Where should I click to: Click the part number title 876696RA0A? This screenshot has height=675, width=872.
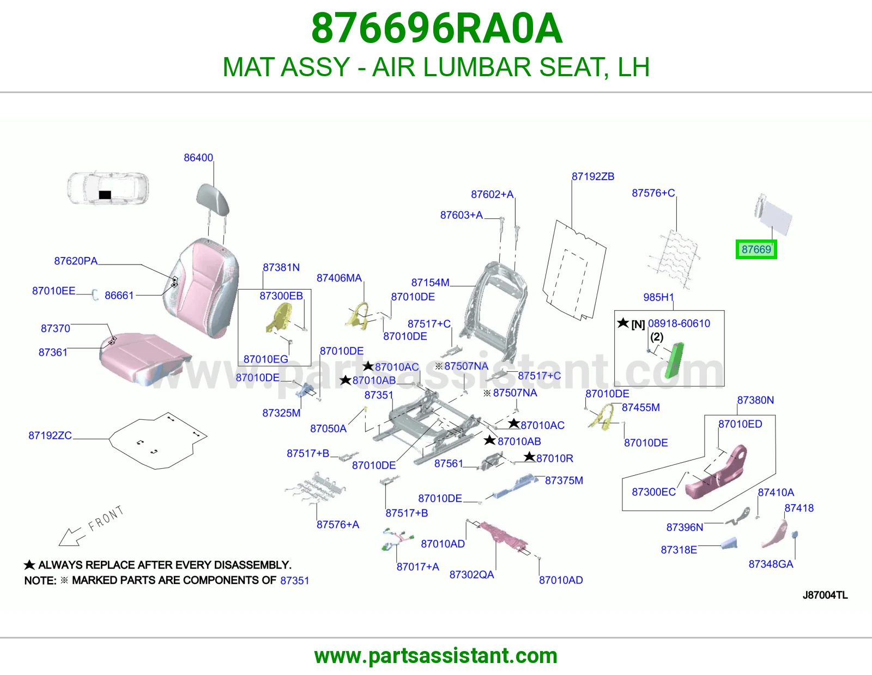pos(437,28)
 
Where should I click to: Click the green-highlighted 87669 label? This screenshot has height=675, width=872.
pos(756,249)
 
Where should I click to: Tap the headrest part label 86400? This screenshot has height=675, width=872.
pos(198,157)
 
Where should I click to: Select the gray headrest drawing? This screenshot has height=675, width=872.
pos(213,199)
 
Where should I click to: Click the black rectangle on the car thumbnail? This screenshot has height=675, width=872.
pos(105,195)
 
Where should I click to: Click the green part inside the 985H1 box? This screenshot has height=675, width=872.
pos(675,360)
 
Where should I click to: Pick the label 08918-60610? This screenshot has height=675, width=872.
pos(679,323)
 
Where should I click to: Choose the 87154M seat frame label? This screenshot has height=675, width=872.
pos(430,283)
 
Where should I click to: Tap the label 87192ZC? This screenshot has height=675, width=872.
pos(50,435)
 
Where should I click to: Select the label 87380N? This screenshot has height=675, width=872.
pos(755,400)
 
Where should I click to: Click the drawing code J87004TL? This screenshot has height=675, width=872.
pos(825,595)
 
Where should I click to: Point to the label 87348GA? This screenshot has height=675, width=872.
pos(771,564)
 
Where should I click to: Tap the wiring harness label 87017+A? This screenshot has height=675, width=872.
pos(417,567)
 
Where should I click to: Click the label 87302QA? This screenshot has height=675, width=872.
pos(471,574)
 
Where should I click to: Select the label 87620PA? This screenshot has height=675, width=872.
pos(76,261)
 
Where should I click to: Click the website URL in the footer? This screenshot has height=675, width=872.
pos(436,656)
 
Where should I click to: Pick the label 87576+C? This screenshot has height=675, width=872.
pos(653,193)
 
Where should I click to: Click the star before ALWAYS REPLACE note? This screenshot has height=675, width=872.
pos(29,565)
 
